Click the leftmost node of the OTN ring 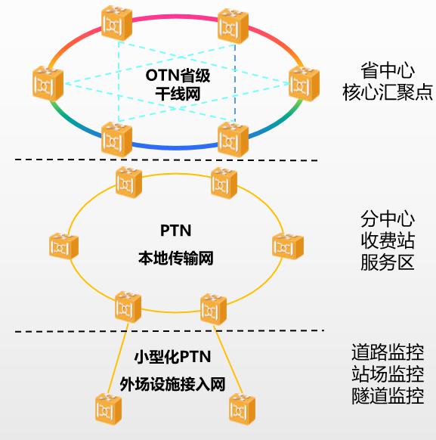(x=48, y=83)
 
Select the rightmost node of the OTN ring (x=304, y=83)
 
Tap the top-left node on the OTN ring (x=117, y=26)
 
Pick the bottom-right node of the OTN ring (x=233, y=138)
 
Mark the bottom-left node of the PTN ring (x=127, y=306)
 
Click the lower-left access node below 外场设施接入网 (x=110, y=408)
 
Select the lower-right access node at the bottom (x=244, y=408)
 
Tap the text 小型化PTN (x=172, y=356)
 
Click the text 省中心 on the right (x=388, y=72)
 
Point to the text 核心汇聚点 (x=388, y=93)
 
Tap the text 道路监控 (x=388, y=352)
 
